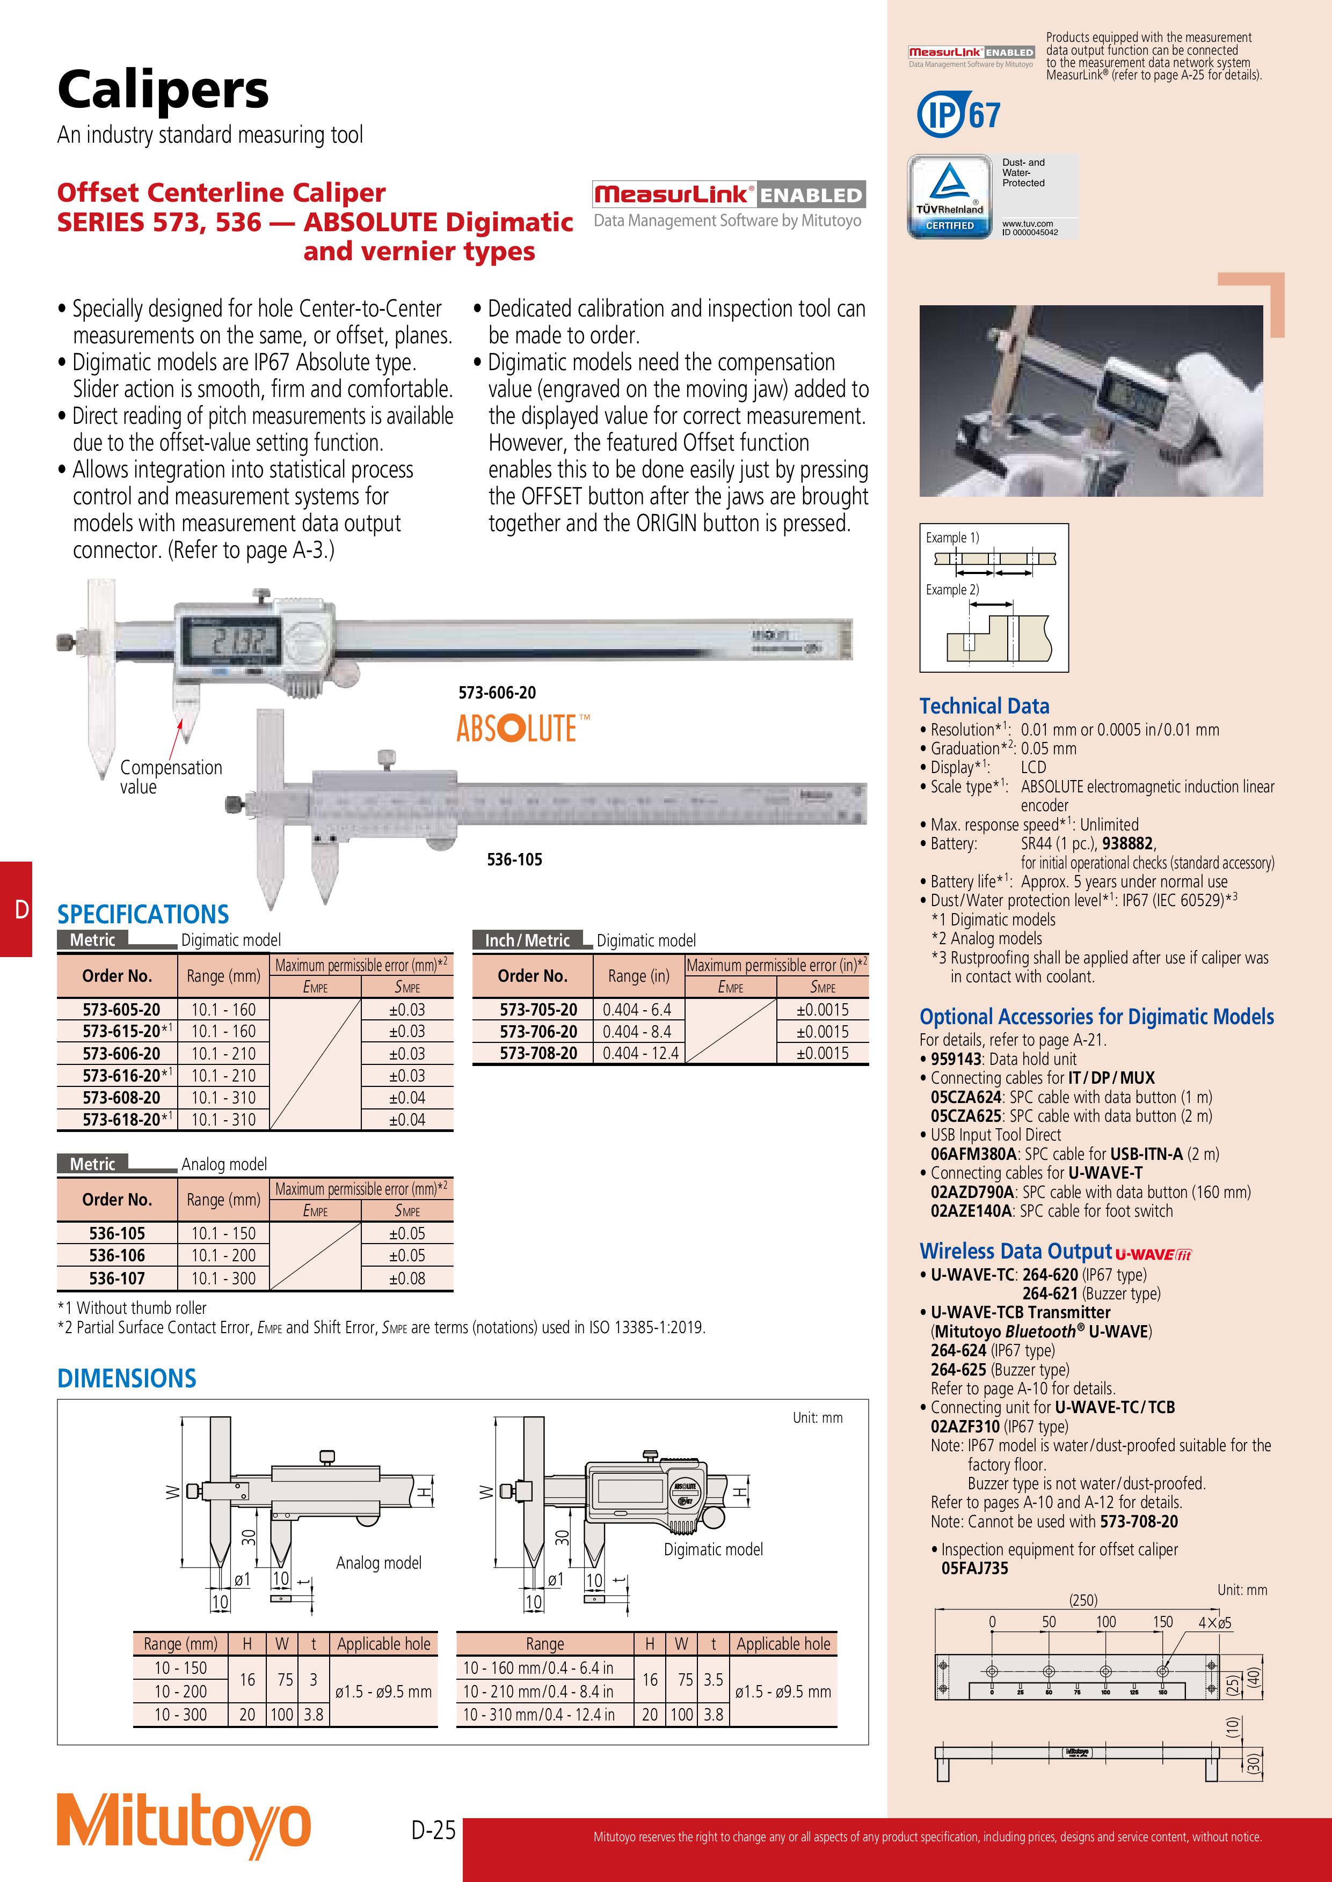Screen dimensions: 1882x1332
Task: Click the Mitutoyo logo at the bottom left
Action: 184,1826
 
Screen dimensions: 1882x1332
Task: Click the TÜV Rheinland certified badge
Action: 950,197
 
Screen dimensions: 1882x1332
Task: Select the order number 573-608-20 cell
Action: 117,1098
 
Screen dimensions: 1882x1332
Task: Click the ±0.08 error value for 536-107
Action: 407,1278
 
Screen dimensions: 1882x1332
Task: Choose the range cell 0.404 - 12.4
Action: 640,1053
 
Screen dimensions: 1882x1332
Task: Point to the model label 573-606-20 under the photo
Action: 497,693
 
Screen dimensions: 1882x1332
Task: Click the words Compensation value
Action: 171,776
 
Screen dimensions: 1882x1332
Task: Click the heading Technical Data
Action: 984,706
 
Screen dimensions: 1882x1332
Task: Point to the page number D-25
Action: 433,1830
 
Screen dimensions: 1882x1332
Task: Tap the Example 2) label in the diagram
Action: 952,590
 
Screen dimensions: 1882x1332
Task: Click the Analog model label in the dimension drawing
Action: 378,1563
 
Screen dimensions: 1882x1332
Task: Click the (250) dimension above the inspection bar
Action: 1083,1599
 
